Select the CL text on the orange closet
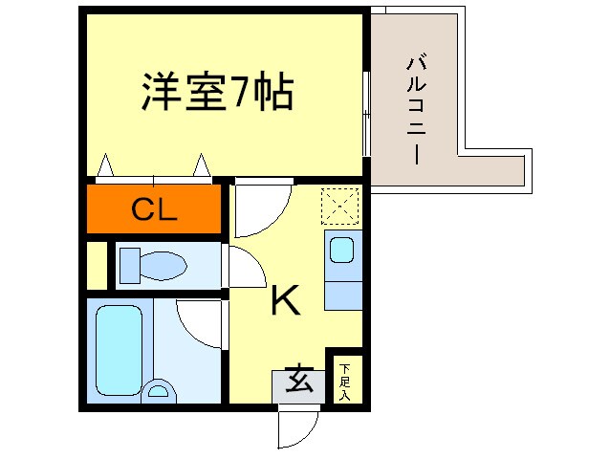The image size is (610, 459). tap(154, 210)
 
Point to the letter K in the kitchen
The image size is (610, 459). tap(285, 301)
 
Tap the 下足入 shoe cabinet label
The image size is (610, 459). tap(344, 379)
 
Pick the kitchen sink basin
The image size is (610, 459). tap(341, 251)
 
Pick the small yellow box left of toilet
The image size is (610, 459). tap(96, 265)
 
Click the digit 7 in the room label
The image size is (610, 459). tap(239, 93)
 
